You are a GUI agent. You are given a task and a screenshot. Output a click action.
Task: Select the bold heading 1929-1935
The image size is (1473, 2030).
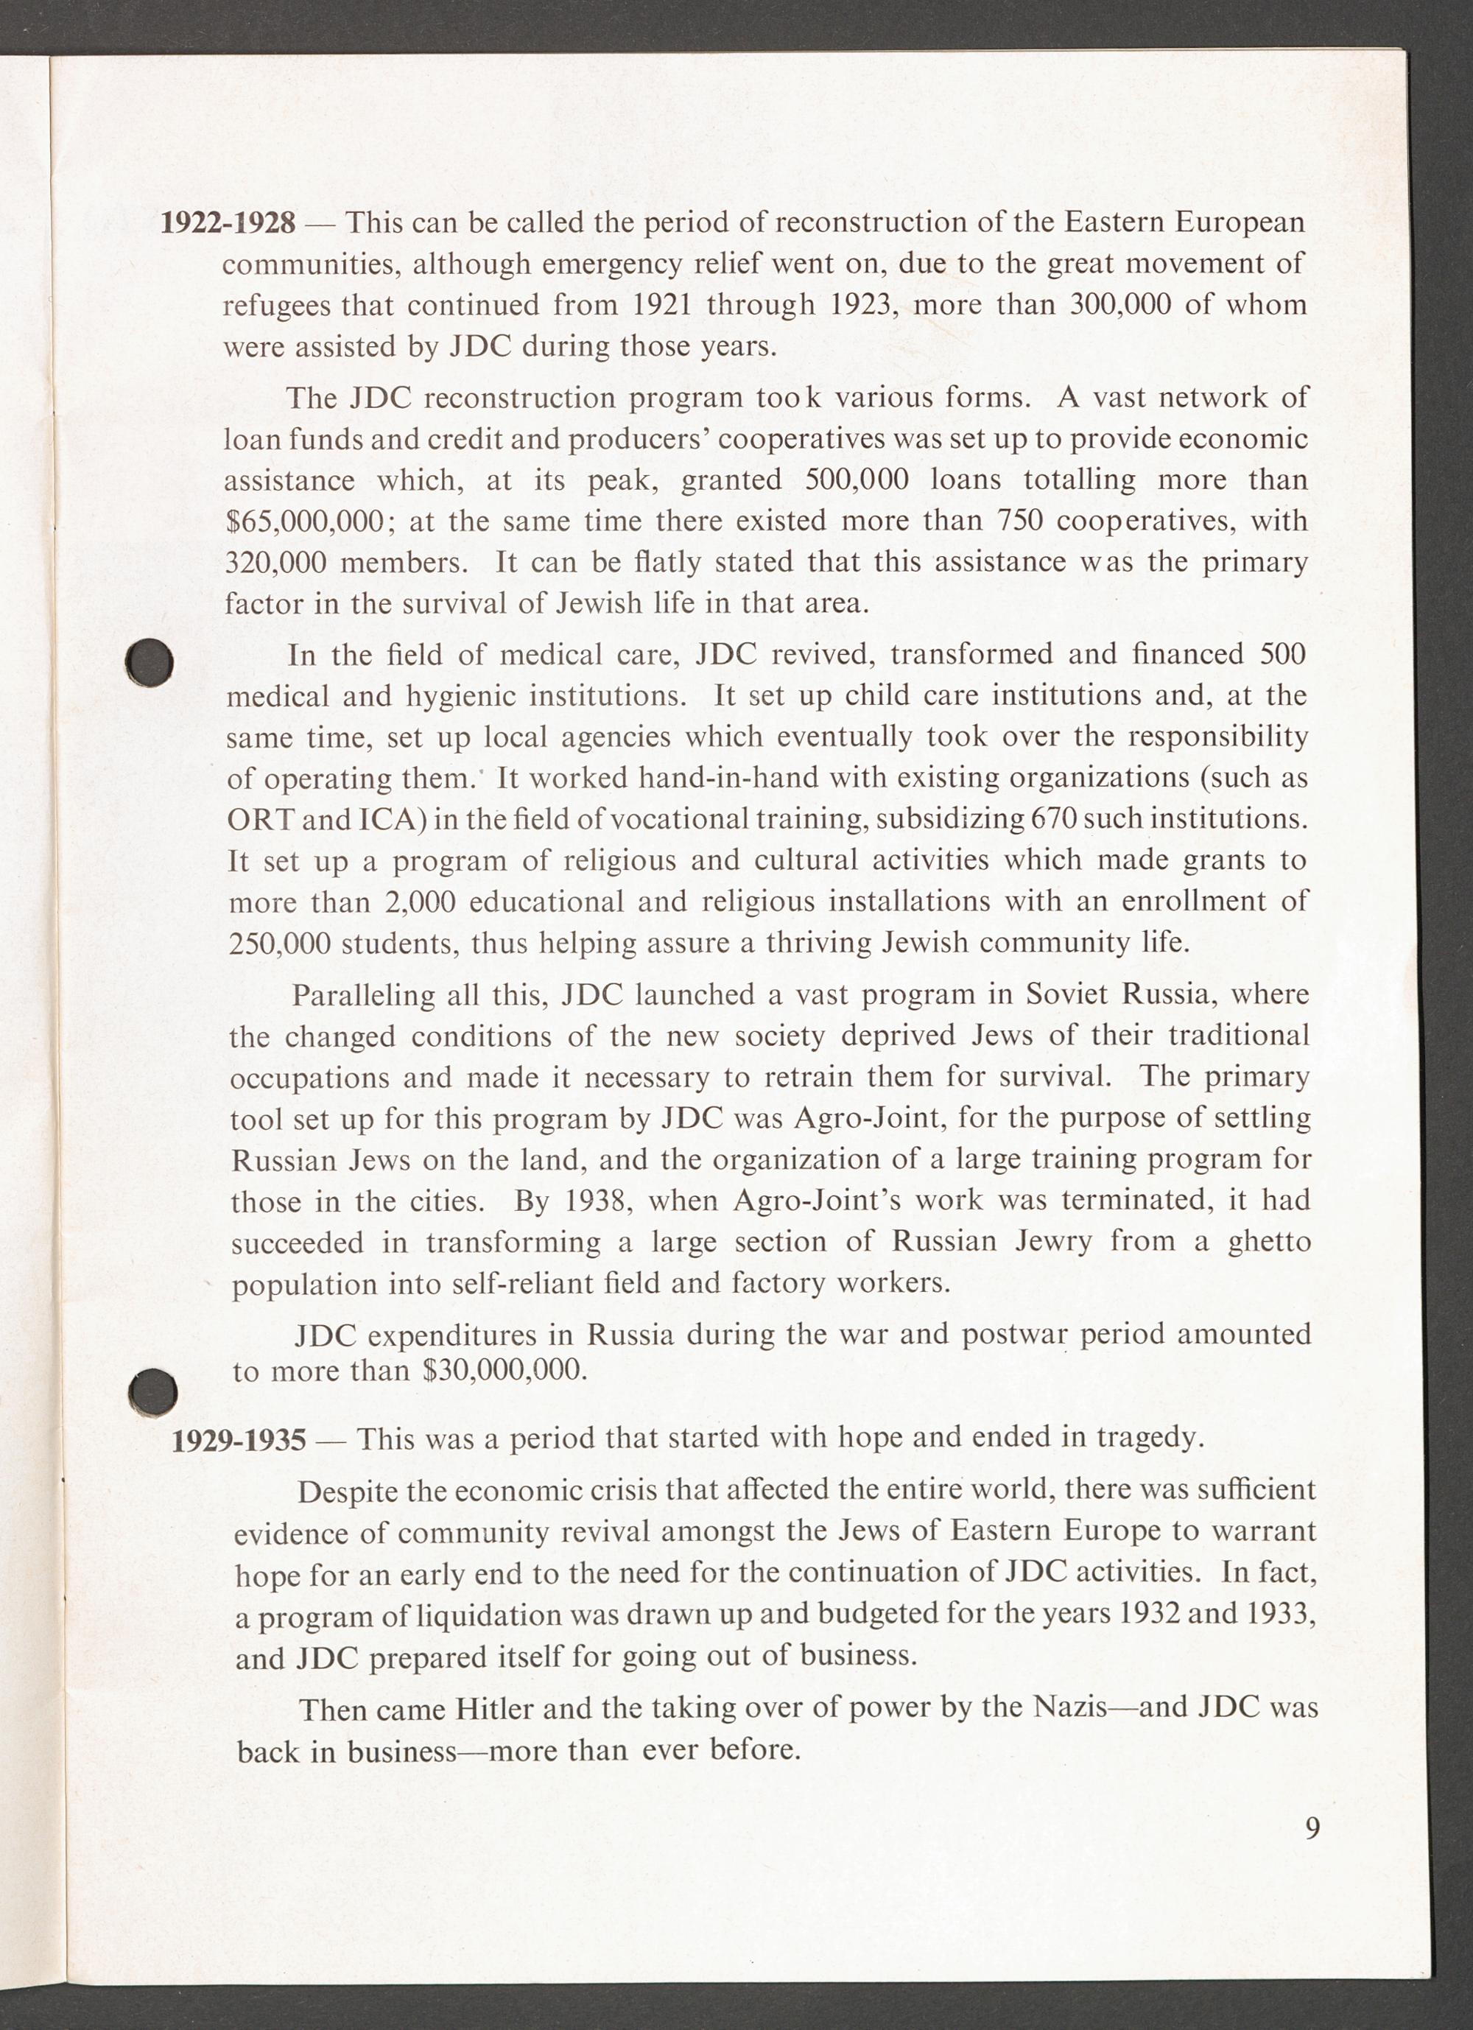point(238,1440)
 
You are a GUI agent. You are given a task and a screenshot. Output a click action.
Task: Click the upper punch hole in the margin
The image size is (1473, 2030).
point(150,663)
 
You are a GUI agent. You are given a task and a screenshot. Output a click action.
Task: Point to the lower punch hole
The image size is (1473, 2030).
point(152,1392)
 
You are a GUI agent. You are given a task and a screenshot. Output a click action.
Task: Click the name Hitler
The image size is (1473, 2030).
point(495,1710)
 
